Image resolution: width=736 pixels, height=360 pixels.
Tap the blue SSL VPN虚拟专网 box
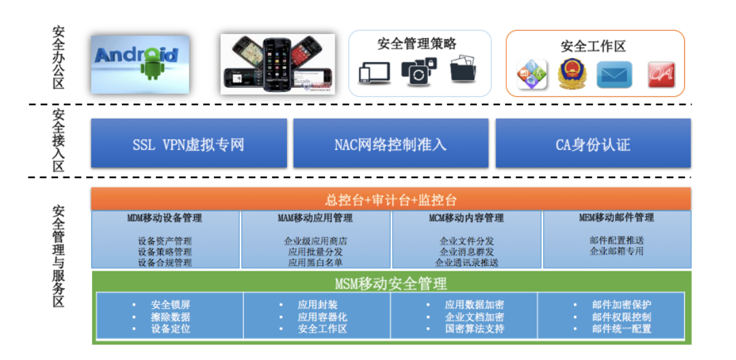(x=189, y=142)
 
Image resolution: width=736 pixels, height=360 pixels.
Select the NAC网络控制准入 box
(x=390, y=142)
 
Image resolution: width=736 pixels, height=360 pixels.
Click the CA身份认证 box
(x=594, y=142)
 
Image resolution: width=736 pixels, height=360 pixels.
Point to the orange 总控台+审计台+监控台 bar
(x=391, y=199)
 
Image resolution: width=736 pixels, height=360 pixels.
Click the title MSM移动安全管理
(x=391, y=283)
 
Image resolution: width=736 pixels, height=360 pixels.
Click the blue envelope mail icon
(x=615, y=74)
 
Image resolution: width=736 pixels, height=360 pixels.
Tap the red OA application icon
(x=661, y=74)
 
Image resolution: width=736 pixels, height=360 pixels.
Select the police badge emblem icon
(x=572, y=74)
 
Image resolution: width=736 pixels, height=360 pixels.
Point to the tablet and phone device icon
(x=374, y=73)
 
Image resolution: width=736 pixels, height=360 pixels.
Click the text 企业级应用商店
(x=316, y=241)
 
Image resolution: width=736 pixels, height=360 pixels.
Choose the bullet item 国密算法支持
(x=475, y=328)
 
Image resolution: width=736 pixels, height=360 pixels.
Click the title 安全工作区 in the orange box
(x=594, y=46)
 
